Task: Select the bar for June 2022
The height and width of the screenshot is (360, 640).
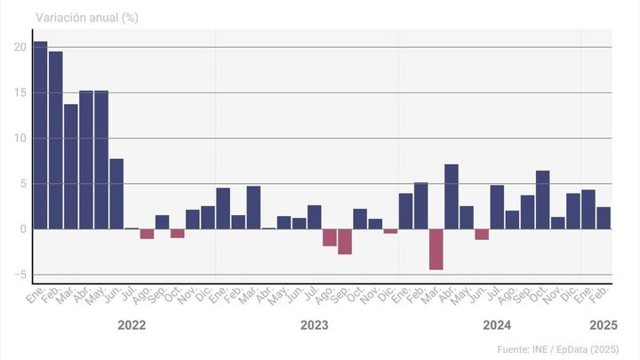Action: [x=116, y=194]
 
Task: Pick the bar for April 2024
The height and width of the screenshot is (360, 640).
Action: [x=452, y=196]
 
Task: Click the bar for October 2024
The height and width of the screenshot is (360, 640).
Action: [x=543, y=200]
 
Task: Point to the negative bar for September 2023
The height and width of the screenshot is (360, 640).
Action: [x=345, y=242]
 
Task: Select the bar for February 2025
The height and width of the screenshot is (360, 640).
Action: [x=604, y=218]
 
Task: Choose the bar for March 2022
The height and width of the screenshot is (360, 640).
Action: [x=71, y=166]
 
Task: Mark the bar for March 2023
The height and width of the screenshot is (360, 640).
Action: [x=253, y=207]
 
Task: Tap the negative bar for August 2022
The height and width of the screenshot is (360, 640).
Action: [x=147, y=234]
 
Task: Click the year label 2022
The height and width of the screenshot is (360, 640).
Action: [x=132, y=325]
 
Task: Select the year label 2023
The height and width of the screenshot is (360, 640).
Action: [x=314, y=325]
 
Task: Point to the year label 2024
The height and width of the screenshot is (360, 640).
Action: [x=497, y=325]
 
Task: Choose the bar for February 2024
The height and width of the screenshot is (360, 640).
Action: [x=421, y=205]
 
